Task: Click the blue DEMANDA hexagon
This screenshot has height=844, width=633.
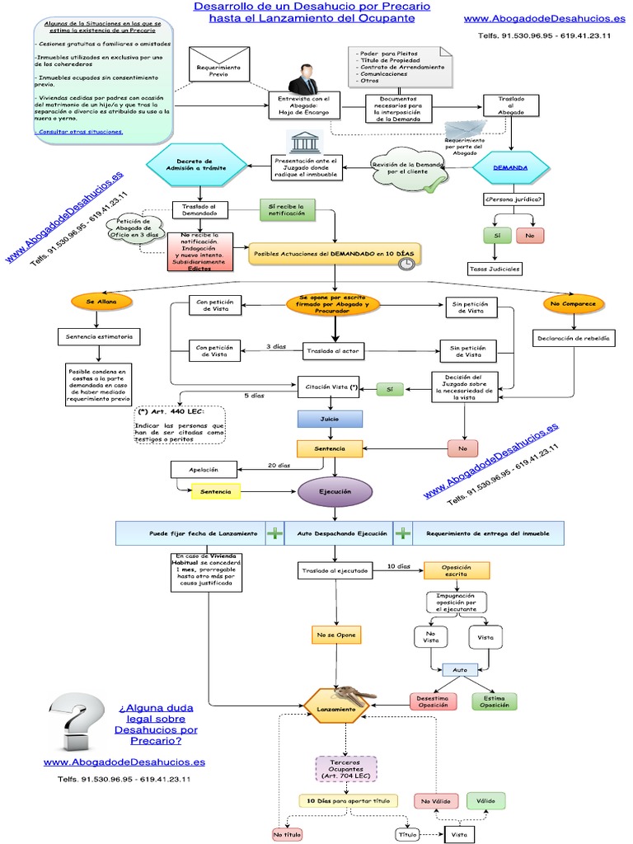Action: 510,167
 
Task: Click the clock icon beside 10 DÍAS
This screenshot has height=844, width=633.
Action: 406,263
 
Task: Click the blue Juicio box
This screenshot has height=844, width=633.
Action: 330,419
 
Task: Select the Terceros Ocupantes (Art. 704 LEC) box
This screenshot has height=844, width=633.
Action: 345,768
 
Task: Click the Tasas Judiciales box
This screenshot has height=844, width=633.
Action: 495,269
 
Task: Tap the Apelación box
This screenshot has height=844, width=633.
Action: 203,470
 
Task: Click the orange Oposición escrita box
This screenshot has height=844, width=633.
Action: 457,570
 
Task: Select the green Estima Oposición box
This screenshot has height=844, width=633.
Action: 495,701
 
